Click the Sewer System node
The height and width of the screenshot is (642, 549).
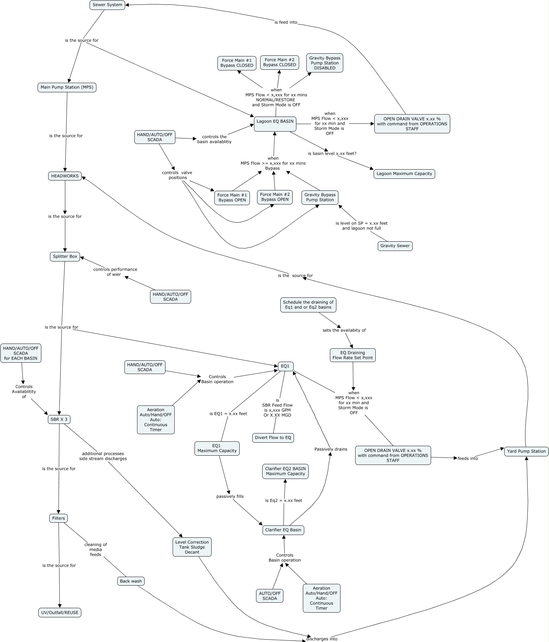(107, 5)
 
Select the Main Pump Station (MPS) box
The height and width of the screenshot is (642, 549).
(67, 87)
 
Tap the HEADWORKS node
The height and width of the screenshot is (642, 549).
(65, 176)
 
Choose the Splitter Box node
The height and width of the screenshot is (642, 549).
(65, 256)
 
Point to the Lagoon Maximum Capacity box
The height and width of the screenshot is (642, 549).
(404, 174)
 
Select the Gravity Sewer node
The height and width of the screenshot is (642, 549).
(395, 246)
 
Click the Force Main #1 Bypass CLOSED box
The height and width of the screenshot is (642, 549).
(237, 63)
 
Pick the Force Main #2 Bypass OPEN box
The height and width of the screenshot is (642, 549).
(275, 197)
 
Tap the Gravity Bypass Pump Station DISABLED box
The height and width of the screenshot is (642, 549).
(325, 63)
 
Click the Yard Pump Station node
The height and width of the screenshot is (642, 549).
(526, 451)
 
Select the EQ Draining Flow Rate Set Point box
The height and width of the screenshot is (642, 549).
(353, 355)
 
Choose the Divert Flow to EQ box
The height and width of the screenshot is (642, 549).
(273, 438)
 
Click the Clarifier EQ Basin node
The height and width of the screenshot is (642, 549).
(283, 530)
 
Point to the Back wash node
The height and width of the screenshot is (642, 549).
(131, 581)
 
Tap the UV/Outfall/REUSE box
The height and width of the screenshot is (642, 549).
(60, 613)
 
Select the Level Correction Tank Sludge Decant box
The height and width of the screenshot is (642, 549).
(192, 547)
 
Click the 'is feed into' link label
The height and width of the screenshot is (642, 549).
(286, 22)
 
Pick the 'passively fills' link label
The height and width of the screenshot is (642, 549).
(230, 496)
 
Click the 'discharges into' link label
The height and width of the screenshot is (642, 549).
(322, 639)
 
